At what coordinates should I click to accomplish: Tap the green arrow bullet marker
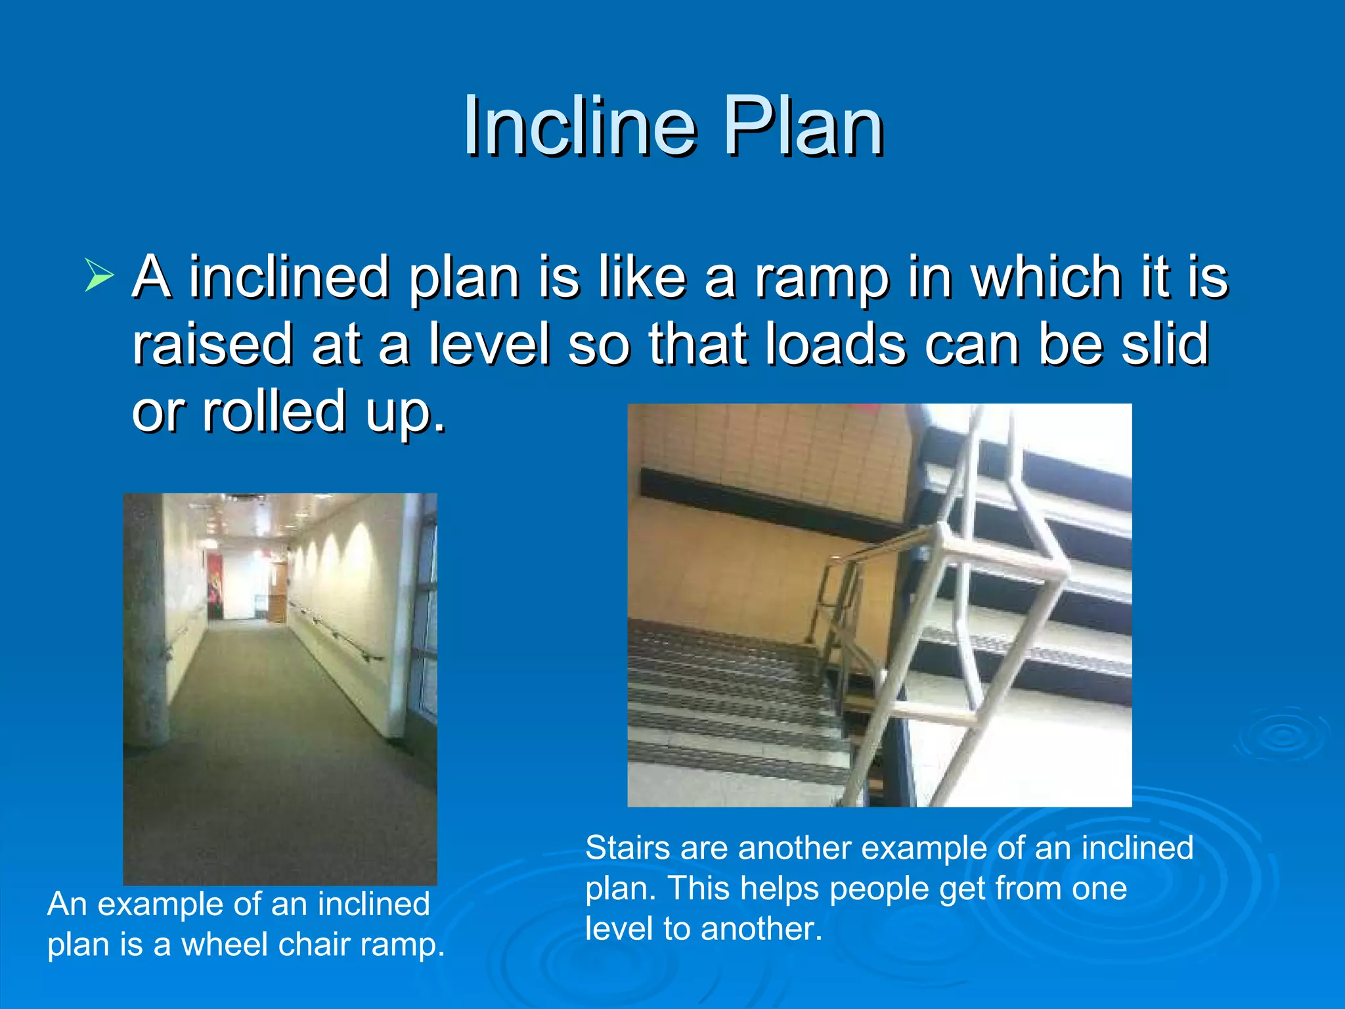99,276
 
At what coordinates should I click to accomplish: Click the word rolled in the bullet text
274,411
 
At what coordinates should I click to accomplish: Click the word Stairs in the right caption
627,848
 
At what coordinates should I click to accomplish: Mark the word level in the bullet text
489,344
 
